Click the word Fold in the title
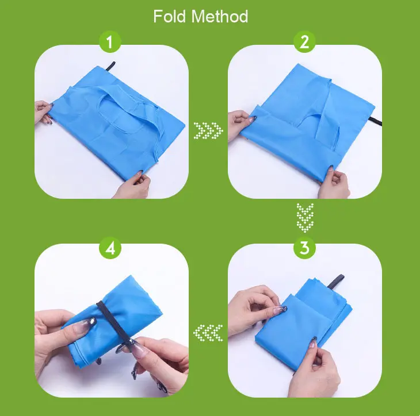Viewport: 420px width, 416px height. click(x=169, y=16)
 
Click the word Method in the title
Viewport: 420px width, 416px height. click(x=220, y=16)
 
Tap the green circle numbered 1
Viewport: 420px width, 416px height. click(x=110, y=42)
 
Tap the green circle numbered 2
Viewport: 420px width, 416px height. click(x=304, y=42)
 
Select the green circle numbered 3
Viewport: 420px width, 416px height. click(x=304, y=248)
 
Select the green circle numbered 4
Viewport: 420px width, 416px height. click(x=110, y=248)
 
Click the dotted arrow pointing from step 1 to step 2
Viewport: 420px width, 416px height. click(x=208, y=131)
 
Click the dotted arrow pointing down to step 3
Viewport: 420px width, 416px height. click(x=305, y=218)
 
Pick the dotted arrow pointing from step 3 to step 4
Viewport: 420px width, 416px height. click(x=208, y=333)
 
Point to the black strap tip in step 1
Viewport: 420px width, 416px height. click(x=110, y=66)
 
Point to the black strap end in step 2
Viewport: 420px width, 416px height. click(x=376, y=121)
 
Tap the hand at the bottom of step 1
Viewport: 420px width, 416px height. click(x=132, y=185)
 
